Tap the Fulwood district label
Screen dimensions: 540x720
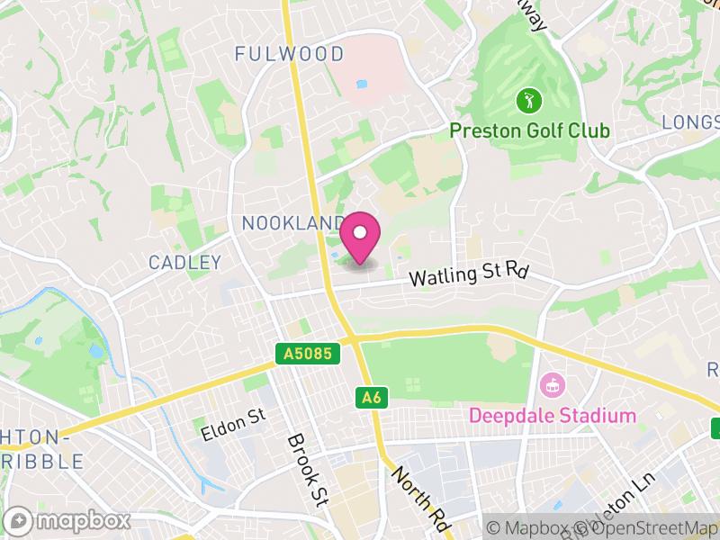pos(289,54)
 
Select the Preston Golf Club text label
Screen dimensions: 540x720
pos(529,131)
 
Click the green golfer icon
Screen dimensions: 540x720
pos(526,99)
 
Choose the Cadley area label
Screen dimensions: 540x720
pos(184,263)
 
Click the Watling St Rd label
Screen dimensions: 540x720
pos(467,274)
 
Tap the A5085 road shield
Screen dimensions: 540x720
pos(308,355)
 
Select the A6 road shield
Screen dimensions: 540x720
pos(371,397)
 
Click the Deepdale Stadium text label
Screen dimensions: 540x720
pos(552,416)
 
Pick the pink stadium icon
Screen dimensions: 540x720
pos(549,386)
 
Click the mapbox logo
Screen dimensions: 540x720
pos(68,521)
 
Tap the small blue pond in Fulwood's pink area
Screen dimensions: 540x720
pos(362,85)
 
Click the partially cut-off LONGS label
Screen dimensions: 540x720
pos(690,121)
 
